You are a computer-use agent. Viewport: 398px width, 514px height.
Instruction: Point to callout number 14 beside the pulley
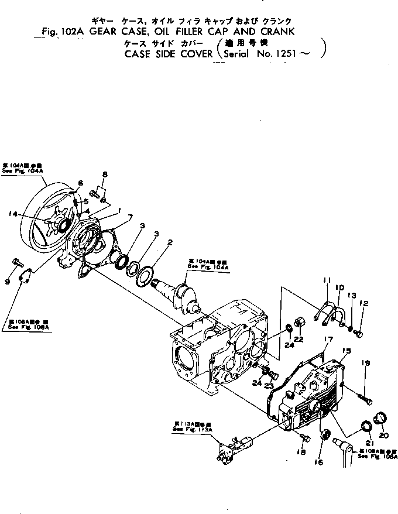pos(12,214)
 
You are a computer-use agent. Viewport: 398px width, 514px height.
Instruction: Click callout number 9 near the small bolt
pos(8,282)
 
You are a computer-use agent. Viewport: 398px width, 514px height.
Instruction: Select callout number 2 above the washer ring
pos(169,241)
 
